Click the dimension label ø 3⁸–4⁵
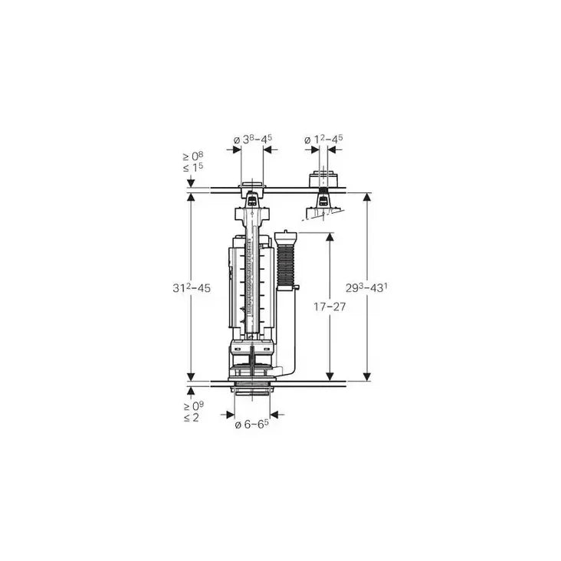[x=252, y=139]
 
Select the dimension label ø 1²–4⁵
[x=323, y=139]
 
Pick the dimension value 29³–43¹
[x=368, y=287]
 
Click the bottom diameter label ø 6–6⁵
[x=252, y=424]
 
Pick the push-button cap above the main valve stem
[x=252, y=186]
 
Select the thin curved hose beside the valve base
[x=290, y=360]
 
